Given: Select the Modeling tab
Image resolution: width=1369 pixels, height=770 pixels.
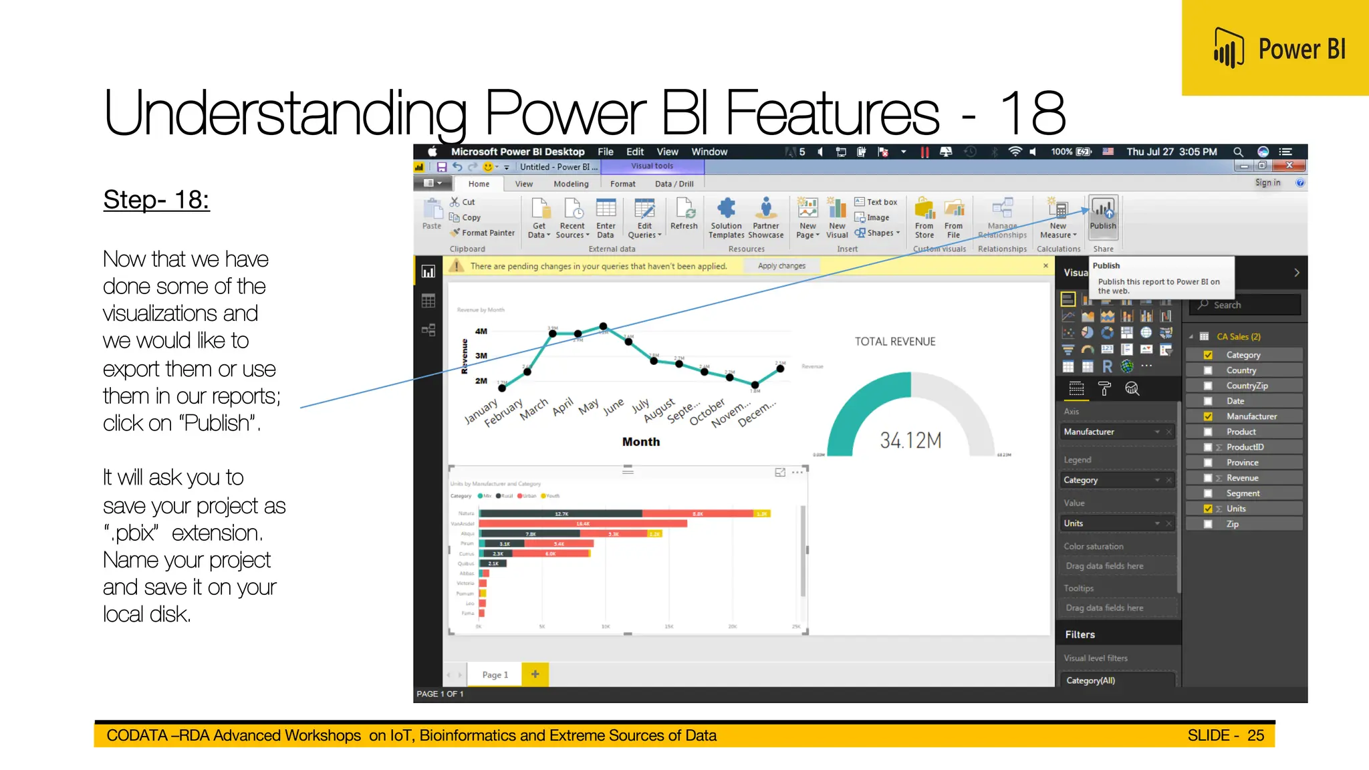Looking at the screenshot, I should [571, 184].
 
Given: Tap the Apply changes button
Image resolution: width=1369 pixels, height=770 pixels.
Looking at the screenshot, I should [781, 266].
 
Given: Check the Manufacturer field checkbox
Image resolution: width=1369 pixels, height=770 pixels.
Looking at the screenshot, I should [1208, 416].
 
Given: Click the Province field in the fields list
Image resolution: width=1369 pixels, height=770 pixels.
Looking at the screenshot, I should [1242, 463].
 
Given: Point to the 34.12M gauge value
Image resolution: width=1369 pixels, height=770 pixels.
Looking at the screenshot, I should [910, 440].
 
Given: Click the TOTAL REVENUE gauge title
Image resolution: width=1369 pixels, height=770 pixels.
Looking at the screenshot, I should [895, 342].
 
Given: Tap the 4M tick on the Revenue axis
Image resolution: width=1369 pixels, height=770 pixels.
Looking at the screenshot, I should [481, 331].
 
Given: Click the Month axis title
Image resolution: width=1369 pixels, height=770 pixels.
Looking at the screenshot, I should [640, 442].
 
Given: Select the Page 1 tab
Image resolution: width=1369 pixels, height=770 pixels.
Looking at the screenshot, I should [495, 675].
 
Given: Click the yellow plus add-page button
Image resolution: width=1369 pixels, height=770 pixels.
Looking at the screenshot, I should [535, 674].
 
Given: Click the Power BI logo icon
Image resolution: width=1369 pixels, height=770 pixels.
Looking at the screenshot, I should [1229, 48].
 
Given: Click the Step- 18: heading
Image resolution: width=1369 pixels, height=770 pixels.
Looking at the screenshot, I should [156, 200].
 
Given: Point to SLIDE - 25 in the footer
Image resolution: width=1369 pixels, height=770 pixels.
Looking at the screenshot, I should [1225, 735].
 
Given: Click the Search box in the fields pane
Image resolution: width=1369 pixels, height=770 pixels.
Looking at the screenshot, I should [1247, 305].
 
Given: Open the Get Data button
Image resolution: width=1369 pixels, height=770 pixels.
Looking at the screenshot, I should [539, 218].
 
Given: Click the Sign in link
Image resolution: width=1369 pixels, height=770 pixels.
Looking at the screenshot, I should [1267, 183].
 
